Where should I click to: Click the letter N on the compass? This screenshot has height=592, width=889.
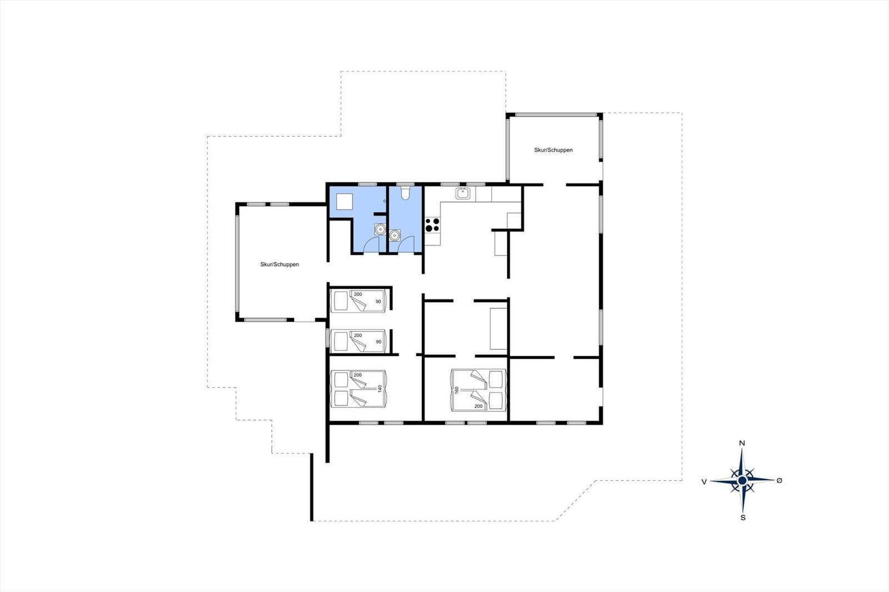click(x=742, y=443)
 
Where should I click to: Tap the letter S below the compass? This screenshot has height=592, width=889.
click(x=743, y=518)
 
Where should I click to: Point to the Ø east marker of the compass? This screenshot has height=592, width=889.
click(x=780, y=480)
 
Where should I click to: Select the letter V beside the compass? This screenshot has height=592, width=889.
click(x=704, y=481)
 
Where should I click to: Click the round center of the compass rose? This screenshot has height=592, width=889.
click(x=742, y=481)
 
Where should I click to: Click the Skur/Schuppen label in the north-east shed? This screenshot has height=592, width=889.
click(x=553, y=150)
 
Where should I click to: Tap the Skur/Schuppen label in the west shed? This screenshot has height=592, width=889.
click(x=279, y=264)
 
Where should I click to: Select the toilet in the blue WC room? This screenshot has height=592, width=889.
click(x=405, y=193)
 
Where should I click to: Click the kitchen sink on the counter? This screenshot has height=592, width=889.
click(x=463, y=194)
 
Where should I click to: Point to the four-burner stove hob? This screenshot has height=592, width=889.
click(x=433, y=224)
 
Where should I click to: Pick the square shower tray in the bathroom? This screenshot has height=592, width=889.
click(x=344, y=202)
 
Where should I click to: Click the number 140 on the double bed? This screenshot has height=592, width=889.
click(x=380, y=388)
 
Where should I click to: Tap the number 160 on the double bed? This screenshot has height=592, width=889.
click(x=457, y=390)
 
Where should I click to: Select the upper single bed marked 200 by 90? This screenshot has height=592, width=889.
click(x=358, y=301)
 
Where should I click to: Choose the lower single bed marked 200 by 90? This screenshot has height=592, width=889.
click(x=358, y=340)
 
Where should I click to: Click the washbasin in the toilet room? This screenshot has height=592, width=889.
click(x=394, y=235)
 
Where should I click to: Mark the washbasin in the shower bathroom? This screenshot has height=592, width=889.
click(x=380, y=229)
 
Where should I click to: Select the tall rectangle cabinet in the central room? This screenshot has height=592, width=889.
click(x=498, y=329)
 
